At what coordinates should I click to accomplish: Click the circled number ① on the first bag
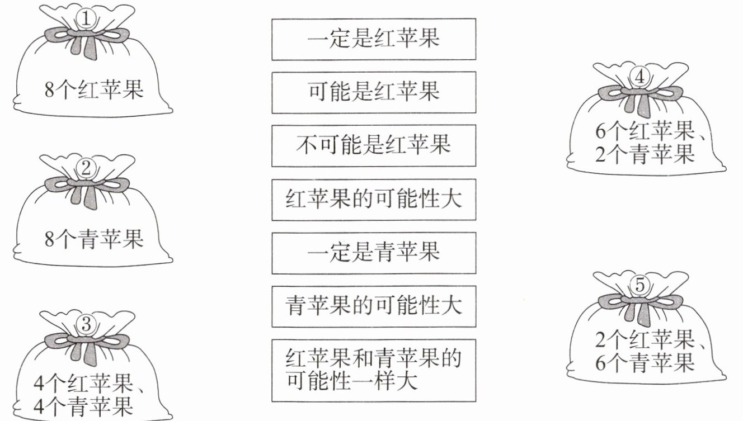tap(86, 20)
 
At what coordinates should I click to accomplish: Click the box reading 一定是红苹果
tap(374, 39)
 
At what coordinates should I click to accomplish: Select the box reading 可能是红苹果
tap(374, 92)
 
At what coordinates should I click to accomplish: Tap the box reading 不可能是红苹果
tap(374, 146)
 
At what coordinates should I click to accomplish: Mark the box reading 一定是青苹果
tap(374, 253)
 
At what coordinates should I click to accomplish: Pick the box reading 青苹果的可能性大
tap(374, 306)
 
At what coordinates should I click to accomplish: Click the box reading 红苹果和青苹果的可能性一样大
tap(374, 370)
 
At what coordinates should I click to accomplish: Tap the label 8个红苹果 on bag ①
tap(94, 89)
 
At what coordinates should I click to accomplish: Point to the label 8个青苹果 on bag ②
tap(94, 239)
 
